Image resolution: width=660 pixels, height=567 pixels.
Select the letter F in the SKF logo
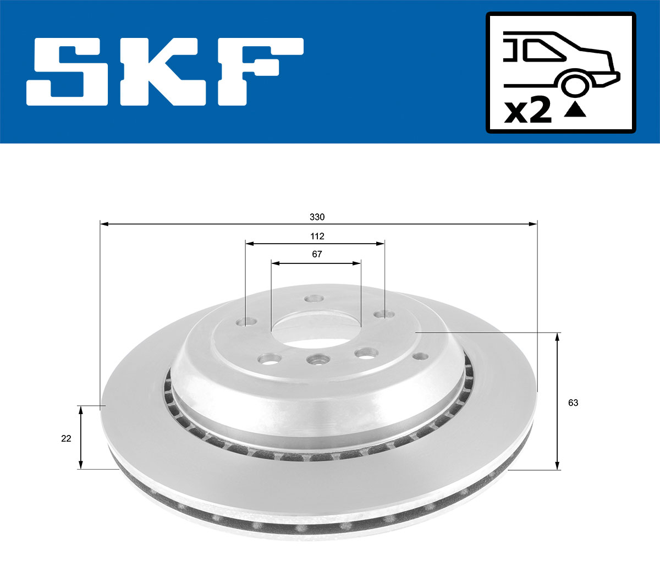click(x=258, y=71)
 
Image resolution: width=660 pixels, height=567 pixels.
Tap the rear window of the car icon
click(x=544, y=51)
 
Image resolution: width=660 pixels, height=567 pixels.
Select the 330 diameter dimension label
click(x=317, y=217)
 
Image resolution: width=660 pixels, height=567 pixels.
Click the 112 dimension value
click(x=317, y=236)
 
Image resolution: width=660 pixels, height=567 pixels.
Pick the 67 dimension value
click(x=317, y=254)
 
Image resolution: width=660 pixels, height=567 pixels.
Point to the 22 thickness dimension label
click(x=66, y=438)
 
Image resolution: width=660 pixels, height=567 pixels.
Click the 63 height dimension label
click(x=573, y=403)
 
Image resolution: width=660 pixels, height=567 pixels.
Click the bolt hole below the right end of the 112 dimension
click(x=383, y=315)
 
